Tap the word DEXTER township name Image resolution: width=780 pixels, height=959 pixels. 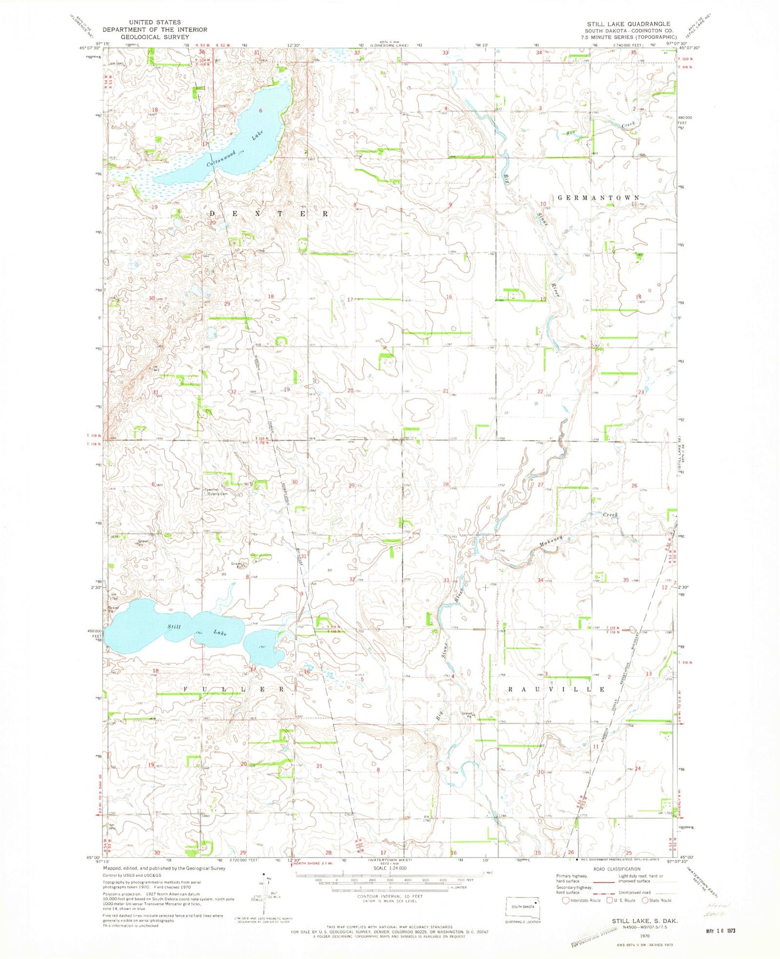coord(268,214)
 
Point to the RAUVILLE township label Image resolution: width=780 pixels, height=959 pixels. coord(556,689)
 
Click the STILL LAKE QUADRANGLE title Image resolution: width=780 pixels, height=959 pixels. coord(629,24)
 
